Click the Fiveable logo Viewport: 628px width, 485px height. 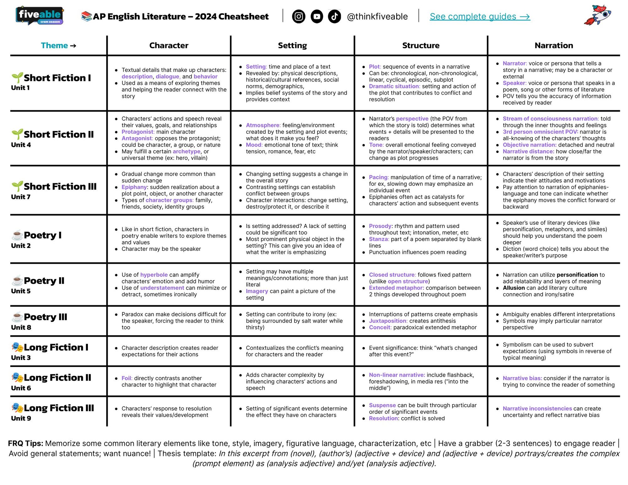40,15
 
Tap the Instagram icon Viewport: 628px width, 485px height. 299,16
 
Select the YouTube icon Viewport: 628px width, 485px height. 317,16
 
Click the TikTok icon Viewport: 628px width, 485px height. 334,16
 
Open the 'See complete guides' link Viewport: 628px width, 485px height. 480,17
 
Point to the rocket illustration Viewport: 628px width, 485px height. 597,15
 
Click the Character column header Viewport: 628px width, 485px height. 169,46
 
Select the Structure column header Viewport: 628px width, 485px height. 421,46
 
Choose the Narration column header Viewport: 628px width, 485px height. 554,46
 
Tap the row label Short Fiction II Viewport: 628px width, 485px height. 59,134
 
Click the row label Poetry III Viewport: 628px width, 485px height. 46,317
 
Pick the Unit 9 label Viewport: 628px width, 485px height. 21,418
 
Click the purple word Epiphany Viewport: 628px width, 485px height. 134,187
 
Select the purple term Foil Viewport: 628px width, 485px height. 127,378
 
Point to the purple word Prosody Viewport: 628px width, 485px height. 380,226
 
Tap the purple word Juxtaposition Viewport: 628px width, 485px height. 387,321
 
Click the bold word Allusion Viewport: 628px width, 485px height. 514,288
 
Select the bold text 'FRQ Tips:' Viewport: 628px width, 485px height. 25,443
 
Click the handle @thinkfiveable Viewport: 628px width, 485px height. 377,17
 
